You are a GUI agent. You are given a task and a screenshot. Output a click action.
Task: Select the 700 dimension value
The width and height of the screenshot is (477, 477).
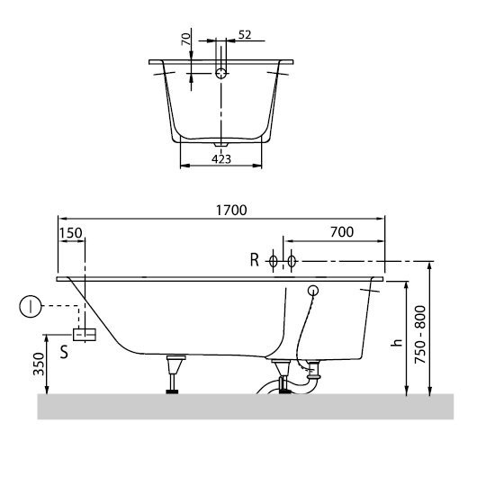341,232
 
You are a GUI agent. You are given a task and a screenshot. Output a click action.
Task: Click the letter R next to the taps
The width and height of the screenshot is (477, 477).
255,261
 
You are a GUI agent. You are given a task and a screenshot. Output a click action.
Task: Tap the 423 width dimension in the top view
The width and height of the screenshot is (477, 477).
222,159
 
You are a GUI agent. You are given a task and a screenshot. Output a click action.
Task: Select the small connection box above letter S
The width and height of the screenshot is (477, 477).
85,335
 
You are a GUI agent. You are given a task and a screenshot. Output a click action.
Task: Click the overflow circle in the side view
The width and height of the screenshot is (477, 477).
313,291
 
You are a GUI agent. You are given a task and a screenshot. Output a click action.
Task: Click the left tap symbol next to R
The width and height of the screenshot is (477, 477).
275,261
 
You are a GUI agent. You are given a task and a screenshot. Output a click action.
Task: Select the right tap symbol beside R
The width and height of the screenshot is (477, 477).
290,261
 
